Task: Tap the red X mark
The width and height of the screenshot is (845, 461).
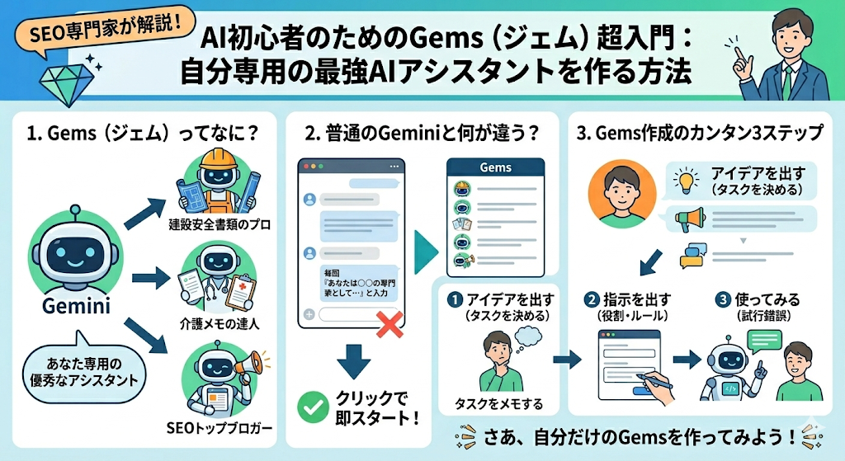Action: (388, 324)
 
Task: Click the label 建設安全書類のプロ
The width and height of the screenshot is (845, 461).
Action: (220, 224)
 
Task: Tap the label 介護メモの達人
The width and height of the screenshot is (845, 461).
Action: (219, 323)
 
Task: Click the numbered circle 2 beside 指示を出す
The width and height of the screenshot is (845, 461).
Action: (591, 299)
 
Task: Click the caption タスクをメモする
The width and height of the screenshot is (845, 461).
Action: (499, 403)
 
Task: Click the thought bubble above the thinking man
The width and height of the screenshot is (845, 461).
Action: (530, 335)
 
